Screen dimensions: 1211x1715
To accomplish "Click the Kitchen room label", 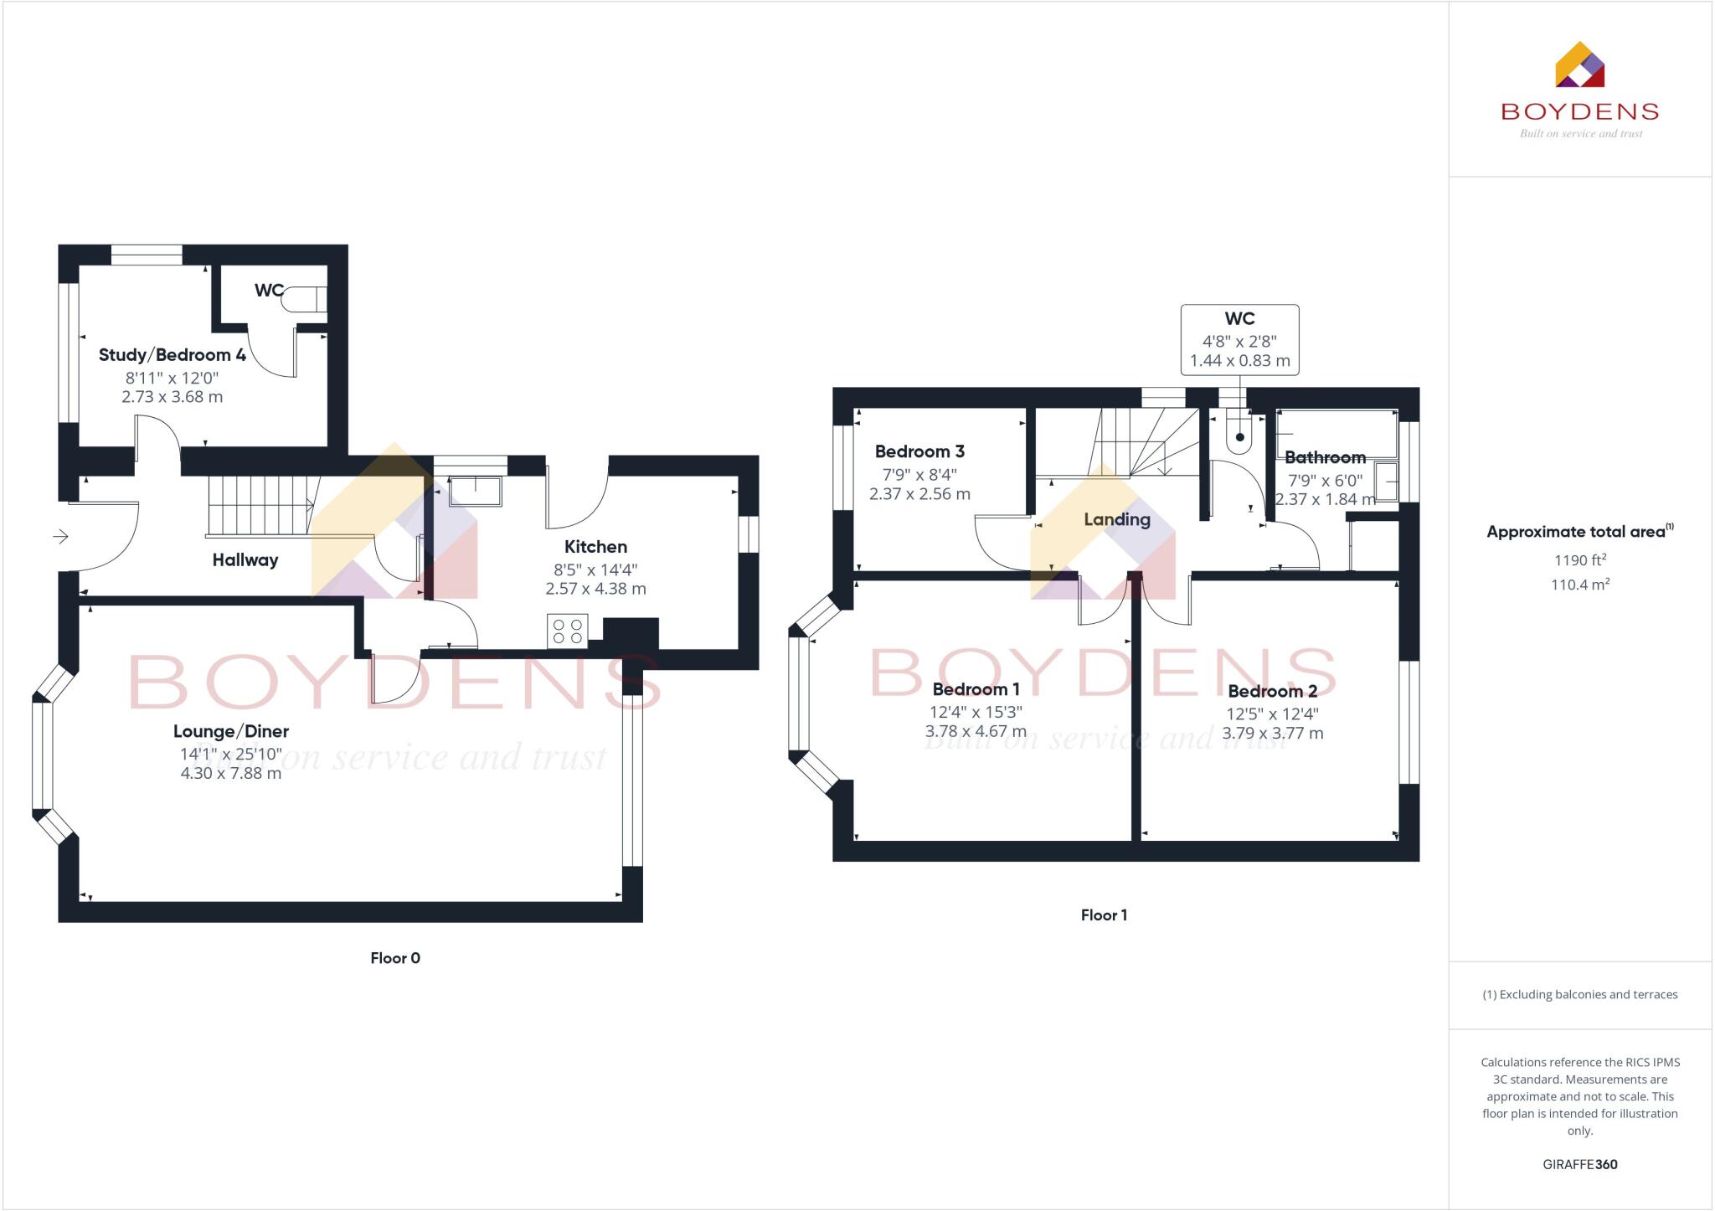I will pos(595,547).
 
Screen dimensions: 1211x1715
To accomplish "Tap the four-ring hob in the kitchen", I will pos(567,631).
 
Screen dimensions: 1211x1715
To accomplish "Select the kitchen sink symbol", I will pos(476,491).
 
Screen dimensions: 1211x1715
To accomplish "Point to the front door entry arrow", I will pos(61,536).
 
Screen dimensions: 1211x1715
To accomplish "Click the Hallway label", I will pos(245,560).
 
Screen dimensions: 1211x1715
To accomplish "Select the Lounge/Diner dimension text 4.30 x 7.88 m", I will pos(231,773).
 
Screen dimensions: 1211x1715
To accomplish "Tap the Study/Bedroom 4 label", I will pos(172,354).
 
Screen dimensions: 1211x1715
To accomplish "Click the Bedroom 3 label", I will pos(919,451).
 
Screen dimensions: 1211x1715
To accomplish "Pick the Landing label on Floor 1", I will pos(1116,519).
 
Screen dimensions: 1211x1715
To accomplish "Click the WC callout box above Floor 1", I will pos(1239,339).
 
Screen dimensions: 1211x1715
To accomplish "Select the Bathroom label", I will pos(1325,457).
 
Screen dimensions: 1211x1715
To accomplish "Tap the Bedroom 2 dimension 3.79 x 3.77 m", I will pos(1272,734).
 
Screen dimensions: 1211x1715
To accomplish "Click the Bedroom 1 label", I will pos(976,689).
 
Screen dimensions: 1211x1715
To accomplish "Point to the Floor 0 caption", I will pos(395,958).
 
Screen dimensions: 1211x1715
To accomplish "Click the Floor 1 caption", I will pos(1104,915).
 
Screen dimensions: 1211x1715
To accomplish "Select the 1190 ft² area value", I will pos(1579,560).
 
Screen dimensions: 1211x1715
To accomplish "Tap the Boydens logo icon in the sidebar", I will pos(1579,65).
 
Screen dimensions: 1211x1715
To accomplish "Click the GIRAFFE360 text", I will pos(1579,1164).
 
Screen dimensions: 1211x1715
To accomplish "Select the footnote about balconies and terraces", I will pos(1579,995).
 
